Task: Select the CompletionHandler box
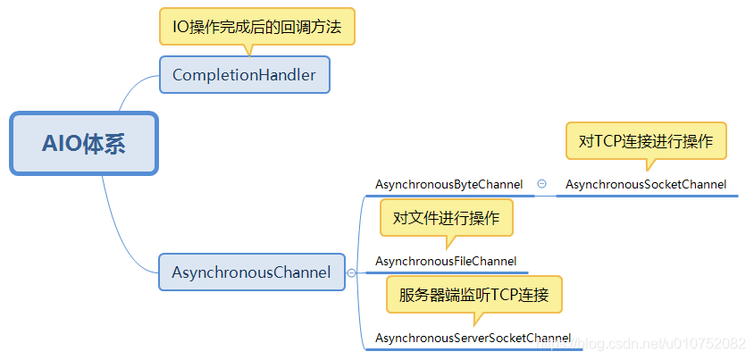pos(244,75)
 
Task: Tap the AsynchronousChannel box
pos(251,272)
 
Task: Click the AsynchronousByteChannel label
pos(448,184)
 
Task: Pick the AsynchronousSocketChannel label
pos(646,185)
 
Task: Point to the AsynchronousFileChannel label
pos(446,261)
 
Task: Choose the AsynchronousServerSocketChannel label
pos(473,338)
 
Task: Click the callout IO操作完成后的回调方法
pos(257,27)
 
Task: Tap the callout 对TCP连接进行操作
pos(646,140)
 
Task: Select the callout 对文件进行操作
pos(446,218)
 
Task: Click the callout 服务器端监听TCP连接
pos(474,294)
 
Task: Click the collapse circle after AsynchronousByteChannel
pos(541,184)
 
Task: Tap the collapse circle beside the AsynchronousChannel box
pos(351,272)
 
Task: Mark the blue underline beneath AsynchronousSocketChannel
pos(646,196)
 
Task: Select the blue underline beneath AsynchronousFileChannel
pos(446,272)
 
